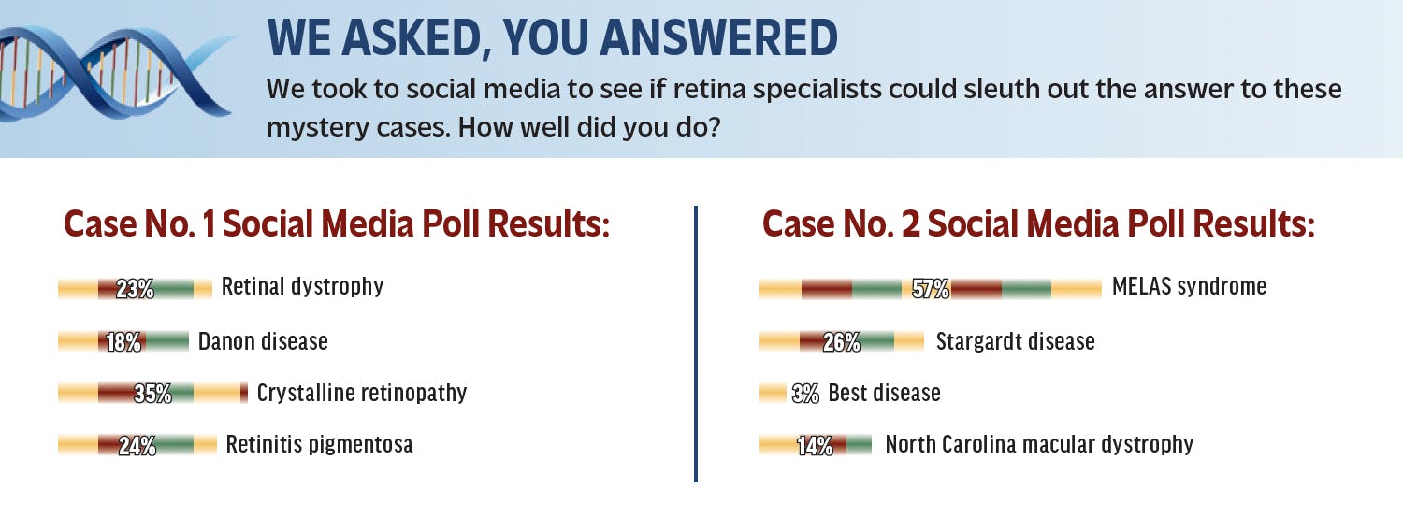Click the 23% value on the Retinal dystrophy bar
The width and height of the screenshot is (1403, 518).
tap(135, 289)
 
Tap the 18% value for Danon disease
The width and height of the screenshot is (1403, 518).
tap(123, 342)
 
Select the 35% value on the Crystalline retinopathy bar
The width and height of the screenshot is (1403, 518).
tap(152, 394)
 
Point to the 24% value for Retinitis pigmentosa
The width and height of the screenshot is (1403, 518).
tap(137, 445)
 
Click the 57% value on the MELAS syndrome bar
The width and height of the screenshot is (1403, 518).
tap(931, 289)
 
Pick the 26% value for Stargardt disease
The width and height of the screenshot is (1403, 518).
tap(841, 342)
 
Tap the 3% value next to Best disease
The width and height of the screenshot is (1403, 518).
tap(804, 394)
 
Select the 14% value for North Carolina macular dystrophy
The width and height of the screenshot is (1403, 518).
tap(815, 445)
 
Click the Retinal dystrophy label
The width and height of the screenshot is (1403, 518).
tap(302, 287)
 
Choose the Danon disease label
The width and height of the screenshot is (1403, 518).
tap(263, 341)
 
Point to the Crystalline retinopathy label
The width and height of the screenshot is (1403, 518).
tap(362, 393)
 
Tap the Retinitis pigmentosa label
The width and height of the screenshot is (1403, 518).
tap(320, 444)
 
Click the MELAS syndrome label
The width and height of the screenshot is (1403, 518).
tap(1190, 286)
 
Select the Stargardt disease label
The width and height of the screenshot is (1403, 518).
tap(1015, 341)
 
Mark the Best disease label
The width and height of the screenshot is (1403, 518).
tap(885, 393)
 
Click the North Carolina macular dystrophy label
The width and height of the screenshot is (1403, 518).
tap(1040, 444)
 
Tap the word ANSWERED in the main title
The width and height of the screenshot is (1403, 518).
tap(719, 38)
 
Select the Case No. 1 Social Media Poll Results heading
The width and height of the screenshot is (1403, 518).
tap(337, 223)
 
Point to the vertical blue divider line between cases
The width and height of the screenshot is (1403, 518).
tap(696, 344)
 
